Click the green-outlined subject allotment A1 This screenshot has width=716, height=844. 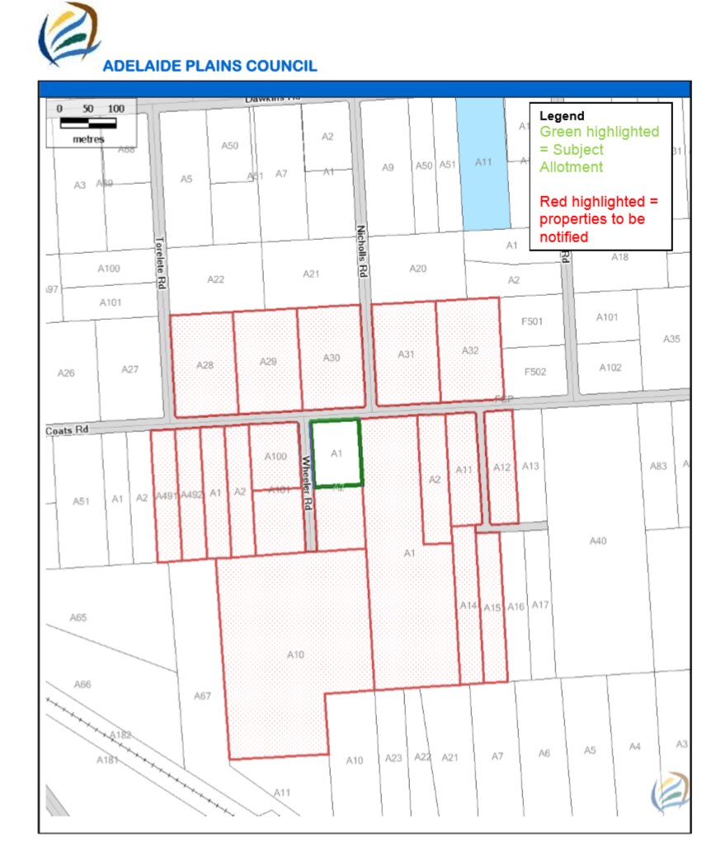336,452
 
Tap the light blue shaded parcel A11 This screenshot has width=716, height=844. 483,162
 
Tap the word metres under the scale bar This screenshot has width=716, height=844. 88,139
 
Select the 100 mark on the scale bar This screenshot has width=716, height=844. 115,109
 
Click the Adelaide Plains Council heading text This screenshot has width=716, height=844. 210,66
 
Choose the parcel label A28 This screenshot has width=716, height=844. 205,364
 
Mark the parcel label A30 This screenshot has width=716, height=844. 331,358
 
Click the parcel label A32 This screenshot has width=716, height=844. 470,350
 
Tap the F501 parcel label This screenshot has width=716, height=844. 533,321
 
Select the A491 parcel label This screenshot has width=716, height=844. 166,495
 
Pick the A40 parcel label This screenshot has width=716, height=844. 598,541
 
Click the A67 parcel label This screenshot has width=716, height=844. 202,696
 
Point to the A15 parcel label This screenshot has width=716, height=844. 492,607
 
